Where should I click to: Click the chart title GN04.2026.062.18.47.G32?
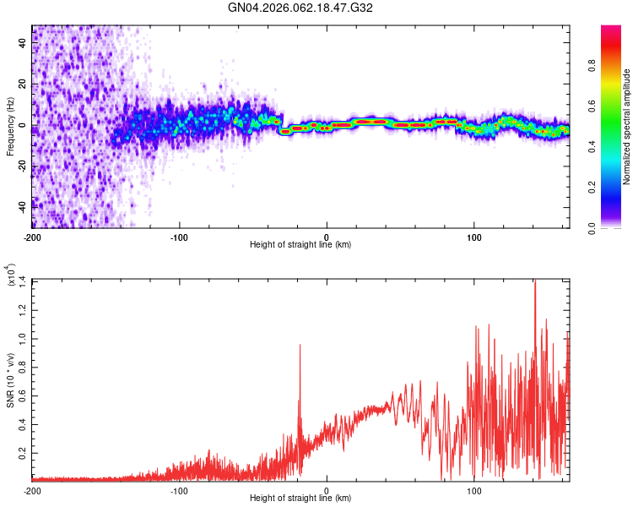(x=300, y=8)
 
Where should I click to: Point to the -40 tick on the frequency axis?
(x=22, y=204)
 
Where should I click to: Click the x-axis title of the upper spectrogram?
(x=300, y=245)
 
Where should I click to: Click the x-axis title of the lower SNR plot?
(x=300, y=499)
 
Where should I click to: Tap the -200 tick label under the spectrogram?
(x=32, y=237)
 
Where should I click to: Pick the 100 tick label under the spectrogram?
(x=474, y=237)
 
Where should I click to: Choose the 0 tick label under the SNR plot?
(x=327, y=490)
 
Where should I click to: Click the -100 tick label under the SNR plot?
(x=179, y=490)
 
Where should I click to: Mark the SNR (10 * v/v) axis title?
(x=10, y=380)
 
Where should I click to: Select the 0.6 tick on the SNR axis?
(x=23, y=395)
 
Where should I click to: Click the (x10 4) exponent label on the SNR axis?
(x=11, y=275)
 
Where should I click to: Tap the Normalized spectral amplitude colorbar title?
(x=627, y=127)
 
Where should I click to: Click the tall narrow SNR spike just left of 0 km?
(x=300, y=346)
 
